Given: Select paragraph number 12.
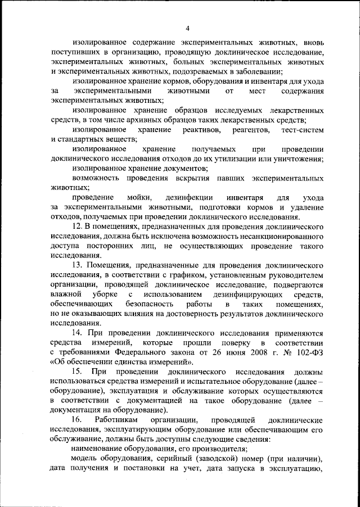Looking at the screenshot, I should click(x=78, y=225).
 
